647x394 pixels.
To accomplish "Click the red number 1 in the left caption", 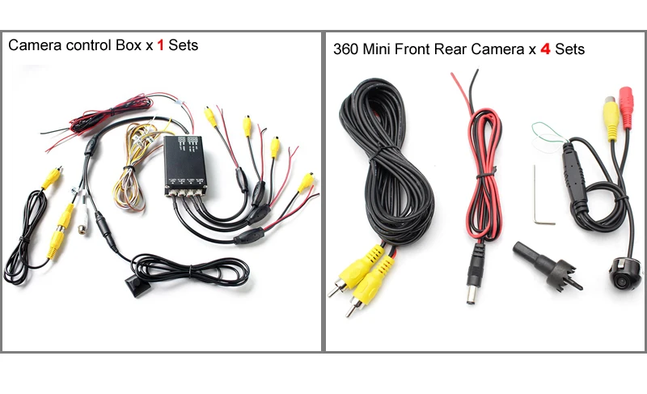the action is [160, 45].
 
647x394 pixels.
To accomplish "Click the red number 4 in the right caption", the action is [545, 49].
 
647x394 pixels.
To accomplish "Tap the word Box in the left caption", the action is [129, 45].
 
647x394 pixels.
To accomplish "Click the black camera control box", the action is [185, 165].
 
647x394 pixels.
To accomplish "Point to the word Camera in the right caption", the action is [497, 49].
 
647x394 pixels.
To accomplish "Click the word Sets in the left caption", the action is [184, 45].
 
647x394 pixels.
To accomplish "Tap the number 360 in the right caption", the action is [346, 49].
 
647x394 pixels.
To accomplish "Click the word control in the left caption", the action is [89, 45].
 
